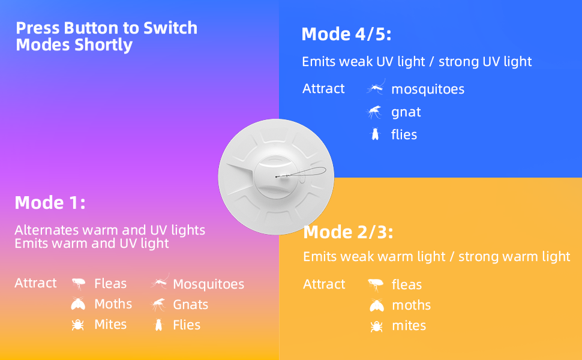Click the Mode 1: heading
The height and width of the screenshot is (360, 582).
click(x=50, y=203)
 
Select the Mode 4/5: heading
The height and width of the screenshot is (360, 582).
click(x=346, y=34)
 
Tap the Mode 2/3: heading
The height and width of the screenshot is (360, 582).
click(x=348, y=232)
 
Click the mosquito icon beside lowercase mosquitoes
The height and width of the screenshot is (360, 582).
click(x=376, y=88)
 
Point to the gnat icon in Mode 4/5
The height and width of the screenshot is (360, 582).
click(x=374, y=112)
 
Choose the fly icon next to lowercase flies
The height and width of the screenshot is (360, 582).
click(x=375, y=134)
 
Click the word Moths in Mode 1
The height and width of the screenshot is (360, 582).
click(x=113, y=304)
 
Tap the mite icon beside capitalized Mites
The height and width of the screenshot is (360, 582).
click(x=77, y=325)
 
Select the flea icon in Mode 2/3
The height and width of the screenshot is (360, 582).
click(x=376, y=285)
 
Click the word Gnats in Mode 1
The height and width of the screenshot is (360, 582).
click(x=190, y=305)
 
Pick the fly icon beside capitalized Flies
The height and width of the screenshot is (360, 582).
click(x=159, y=325)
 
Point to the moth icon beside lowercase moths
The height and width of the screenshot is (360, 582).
click(x=377, y=305)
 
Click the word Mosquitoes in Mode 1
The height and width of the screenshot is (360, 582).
click(x=209, y=284)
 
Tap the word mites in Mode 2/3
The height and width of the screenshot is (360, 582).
click(x=409, y=325)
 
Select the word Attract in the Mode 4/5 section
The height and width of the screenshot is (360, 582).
click(x=323, y=88)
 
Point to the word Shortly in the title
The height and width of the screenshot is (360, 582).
click(x=103, y=45)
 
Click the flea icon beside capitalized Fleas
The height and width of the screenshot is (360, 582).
click(x=79, y=284)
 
